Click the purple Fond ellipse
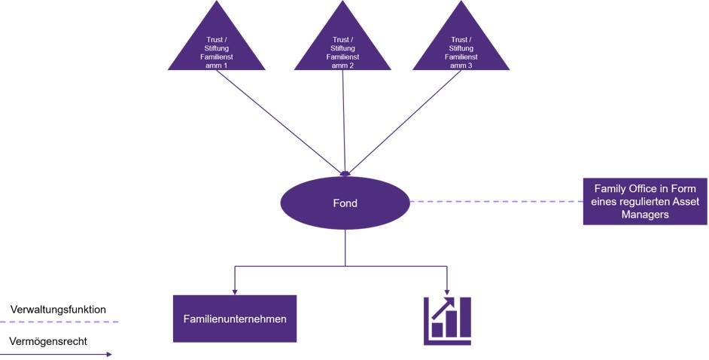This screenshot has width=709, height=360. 345,203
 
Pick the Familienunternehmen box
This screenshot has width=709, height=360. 235,319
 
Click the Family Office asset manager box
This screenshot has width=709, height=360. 645,201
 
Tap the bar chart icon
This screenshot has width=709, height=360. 447,321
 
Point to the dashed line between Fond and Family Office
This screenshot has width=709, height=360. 496,201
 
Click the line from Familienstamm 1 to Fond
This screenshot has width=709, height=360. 280,122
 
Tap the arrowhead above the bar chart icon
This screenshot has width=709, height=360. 447,292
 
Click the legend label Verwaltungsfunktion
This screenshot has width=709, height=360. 58,310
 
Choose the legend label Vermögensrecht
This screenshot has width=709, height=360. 48,341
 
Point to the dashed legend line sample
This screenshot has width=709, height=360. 59,322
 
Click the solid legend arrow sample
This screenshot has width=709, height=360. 56,355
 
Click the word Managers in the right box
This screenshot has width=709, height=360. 645,215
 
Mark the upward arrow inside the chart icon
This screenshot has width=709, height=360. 443,309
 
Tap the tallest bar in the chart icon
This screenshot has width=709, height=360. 465,317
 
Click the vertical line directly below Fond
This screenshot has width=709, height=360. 345,248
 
